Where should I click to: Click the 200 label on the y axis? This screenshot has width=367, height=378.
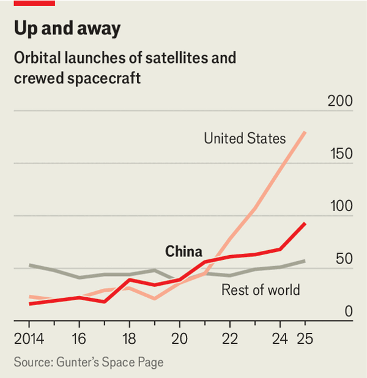[x=340, y=102]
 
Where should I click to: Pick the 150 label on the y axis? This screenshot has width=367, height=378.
[x=340, y=154]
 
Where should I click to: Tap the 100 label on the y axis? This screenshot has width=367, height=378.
[x=340, y=206]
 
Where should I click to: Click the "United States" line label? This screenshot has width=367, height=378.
[x=245, y=138]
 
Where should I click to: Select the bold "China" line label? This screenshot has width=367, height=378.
[x=183, y=251]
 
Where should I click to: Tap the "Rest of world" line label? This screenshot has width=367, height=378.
[x=261, y=289]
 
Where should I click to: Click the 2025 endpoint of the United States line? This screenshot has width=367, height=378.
[x=305, y=132]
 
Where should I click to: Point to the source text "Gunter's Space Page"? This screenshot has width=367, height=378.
[x=109, y=362]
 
